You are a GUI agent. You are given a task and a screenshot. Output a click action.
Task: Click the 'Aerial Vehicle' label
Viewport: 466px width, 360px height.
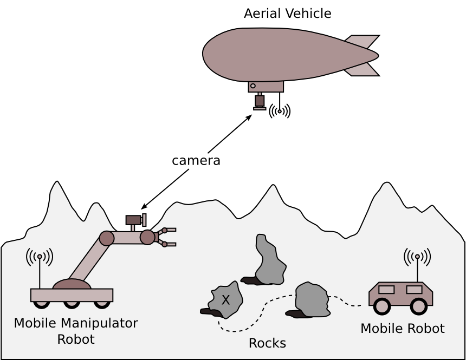pyautogui.click(x=287, y=14)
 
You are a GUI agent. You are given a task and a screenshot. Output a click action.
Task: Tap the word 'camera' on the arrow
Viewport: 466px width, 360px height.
pyautogui.click(x=196, y=161)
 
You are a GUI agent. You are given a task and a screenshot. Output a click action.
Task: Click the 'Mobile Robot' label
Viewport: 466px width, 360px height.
pyautogui.click(x=402, y=329)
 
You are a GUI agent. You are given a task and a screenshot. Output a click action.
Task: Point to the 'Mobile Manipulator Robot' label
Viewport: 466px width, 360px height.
pyautogui.click(x=76, y=331)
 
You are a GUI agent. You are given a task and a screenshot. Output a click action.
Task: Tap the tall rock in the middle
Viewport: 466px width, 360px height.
pyautogui.click(x=270, y=260)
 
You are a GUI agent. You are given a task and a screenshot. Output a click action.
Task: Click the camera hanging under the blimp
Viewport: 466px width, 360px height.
pyautogui.click(x=260, y=101)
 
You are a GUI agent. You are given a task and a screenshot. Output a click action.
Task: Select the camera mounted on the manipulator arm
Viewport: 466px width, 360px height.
pyautogui.click(x=134, y=220)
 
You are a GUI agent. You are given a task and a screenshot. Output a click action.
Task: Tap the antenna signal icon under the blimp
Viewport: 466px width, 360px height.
pyautogui.click(x=280, y=111)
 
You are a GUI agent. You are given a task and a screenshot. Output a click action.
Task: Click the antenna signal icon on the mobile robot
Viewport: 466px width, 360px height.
pyautogui.click(x=417, y=257)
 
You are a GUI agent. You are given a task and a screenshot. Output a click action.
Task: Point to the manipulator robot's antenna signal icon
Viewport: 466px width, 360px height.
pyautogui.click(x=40, y=257)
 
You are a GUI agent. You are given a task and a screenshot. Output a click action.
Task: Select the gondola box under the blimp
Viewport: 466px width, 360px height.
pyautogui.click(x=266, y=87)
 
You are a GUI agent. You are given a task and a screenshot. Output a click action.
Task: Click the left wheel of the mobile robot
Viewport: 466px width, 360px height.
pyautogui.click(x=382, y=306)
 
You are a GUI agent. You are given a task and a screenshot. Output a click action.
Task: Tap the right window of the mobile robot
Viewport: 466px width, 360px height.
pyautogui.click(x=414, y=290)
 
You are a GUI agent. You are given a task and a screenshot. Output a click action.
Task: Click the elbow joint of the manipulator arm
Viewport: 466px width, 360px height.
pyautogui.click(x=107, y=238)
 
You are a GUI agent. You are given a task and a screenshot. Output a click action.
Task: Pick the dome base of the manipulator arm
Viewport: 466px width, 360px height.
pyautogui.click(x=72, y=284)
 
